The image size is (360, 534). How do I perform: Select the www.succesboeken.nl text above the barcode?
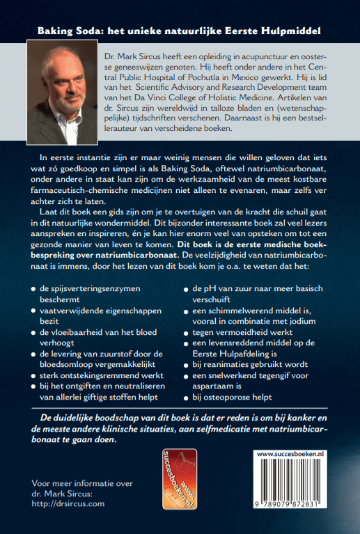click(292, 453)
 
